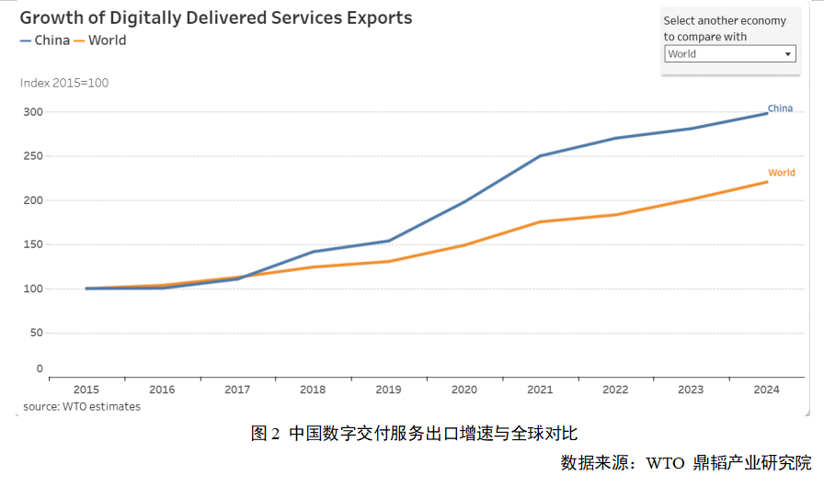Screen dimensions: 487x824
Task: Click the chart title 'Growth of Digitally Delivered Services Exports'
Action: coord(216,18)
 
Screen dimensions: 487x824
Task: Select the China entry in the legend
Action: coord(45,40)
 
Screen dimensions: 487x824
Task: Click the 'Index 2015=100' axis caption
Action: coord(64,83)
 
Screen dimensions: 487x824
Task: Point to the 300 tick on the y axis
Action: coord(33,112)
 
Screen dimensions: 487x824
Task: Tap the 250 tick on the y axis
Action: coord(33,156)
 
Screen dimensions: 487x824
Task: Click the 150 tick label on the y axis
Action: coord(33,244)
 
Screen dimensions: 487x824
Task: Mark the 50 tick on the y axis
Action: coord(37,333)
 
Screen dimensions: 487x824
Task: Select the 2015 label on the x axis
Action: coord(86,390)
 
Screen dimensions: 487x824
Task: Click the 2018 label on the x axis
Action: coord(313,390)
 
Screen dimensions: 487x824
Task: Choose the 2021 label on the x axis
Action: coord(540,390)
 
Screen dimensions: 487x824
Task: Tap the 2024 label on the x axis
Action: coord(766,390)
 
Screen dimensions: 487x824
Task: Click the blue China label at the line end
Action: coord(780,108)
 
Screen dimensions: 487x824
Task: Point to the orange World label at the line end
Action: coord(782,173)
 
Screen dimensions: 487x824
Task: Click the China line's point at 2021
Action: coord(540,156)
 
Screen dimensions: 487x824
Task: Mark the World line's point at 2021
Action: coord(540,221)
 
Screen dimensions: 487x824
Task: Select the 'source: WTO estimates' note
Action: coord(82,406)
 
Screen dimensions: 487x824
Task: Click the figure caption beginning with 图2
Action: coord(414,434)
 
